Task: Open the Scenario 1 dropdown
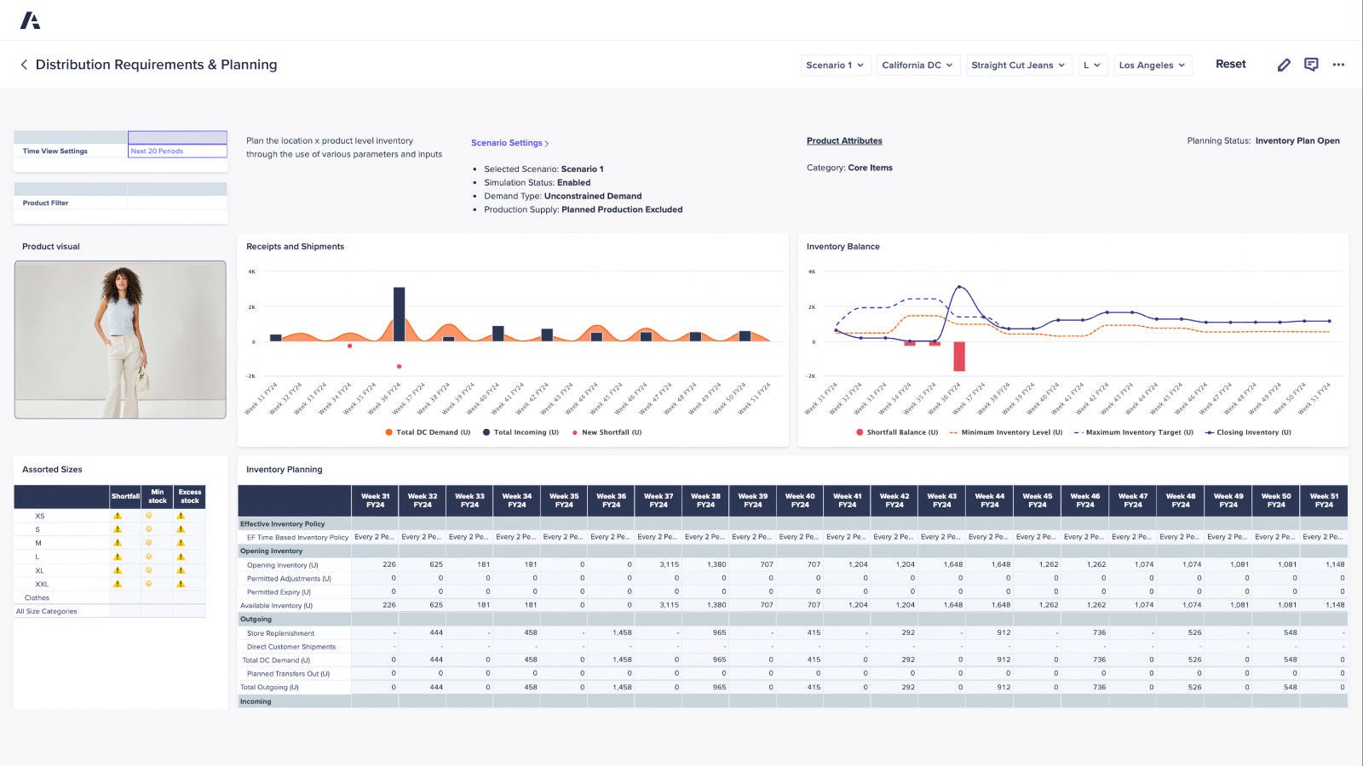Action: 835,66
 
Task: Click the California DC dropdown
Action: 917,66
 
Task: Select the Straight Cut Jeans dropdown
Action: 1018,66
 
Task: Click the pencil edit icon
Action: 1284,65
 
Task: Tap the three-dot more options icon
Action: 1338,65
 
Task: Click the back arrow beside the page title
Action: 24,65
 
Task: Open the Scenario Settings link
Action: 509,143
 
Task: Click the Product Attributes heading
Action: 844,141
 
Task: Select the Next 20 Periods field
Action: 177,151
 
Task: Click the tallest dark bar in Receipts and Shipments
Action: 399,313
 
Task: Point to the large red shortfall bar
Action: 959,356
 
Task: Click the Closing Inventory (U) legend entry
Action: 1248,432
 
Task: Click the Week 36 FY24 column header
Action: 611,500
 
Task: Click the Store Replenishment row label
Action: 280,633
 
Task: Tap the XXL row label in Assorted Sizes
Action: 42,584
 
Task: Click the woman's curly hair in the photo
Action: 122,283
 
